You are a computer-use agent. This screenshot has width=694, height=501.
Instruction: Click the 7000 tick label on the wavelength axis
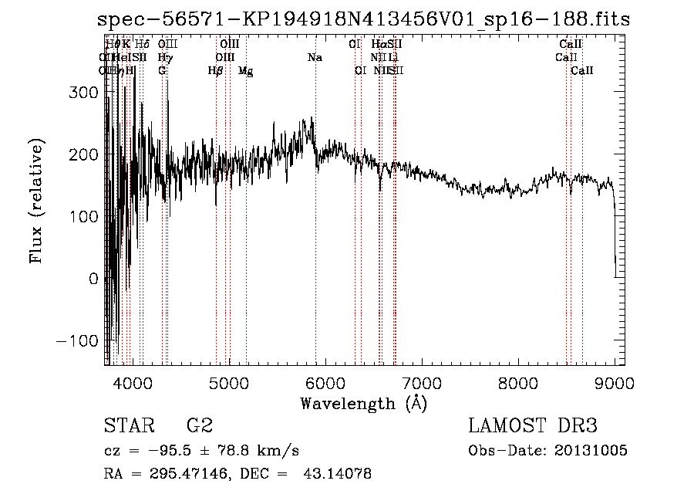(x=421, y=382)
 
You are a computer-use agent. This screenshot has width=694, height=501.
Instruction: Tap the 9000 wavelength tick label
(x=615, y=382)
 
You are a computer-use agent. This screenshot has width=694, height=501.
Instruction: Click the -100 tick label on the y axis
(x=78, y=341)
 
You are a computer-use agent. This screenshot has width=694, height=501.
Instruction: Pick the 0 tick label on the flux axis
(x=94, y=279)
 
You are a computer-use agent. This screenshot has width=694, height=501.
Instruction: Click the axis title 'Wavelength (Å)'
(x=362, y=403)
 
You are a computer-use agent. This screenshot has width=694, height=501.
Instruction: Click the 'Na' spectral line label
(x=315, y=58)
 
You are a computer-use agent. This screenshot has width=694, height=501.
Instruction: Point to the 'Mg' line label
(x=246, y=71)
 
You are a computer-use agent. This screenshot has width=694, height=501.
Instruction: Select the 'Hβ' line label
(x=216, y=71)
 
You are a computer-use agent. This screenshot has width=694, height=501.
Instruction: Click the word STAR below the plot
(x=128, y=426)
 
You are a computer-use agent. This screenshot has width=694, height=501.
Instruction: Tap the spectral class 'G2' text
(x=199, y=426)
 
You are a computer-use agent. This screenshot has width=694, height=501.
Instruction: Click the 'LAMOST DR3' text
(x=532, y=426)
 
